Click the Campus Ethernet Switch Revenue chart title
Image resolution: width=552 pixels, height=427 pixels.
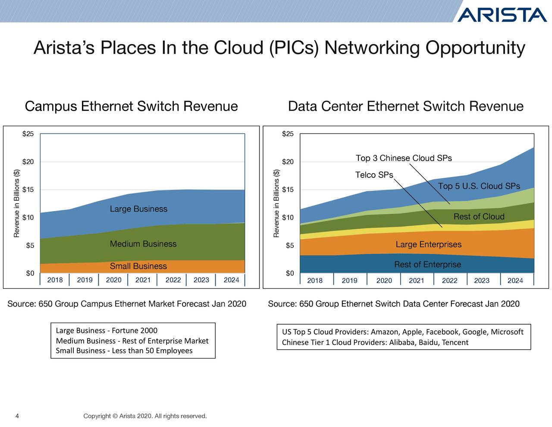pyautogui.click(x=131, y=106)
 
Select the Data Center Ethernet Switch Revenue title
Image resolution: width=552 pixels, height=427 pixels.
pyautogui.click(x=405, y=106)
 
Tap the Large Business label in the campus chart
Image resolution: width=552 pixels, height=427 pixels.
pyautogui.click(x=138, y=209)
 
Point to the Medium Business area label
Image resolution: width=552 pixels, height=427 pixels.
pyautogui.click(x=143, y=244)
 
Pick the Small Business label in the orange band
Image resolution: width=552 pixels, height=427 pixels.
pyautogui.click(x=138, y=266)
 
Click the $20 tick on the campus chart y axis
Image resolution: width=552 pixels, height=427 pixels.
pyautogui.click(x=28, y=162)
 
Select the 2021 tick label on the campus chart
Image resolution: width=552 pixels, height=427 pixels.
pyautogui.click(x=143, y=280)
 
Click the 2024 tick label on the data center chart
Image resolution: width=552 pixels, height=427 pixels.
pyautogui.click(x=515, y=281)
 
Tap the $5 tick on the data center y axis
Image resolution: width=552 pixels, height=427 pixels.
pyautogui.click(x=290, y=246)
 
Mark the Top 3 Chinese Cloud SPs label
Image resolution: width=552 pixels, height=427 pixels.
pyautogui.click(x=404, y=158)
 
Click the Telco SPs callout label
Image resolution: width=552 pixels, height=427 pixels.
pyautogui.click(x=374, y=175)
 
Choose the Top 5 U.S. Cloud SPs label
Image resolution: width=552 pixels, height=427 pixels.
pyautogui.click(x=479, y=186)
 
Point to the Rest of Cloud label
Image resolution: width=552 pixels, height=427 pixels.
pyautogui.click(x=479, y=217)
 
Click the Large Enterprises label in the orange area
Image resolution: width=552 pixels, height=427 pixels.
pyautogui.click(x=428, y=245)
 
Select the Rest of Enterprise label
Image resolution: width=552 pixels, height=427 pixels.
pyautogui.click(x=427, y=265)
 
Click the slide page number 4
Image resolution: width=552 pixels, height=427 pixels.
pyautogui.click(x=17, y=416)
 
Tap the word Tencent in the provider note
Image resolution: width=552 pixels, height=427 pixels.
pyautogui.click(x=455, y=343)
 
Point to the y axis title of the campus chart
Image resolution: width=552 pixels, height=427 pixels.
pyautogui.click(x=17, y=203)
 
